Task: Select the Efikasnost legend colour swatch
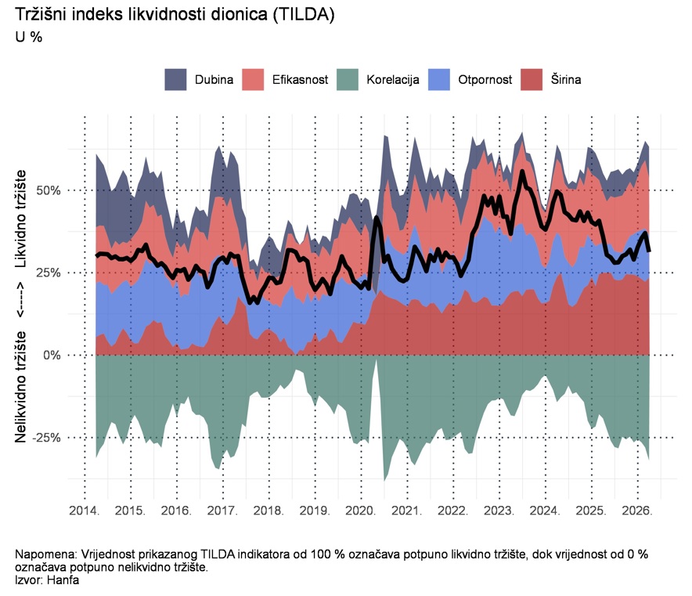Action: click(x=254, y=79)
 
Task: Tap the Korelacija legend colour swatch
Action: click(x=348, y=79)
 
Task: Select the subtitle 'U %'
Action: click(x=29, y=36)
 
